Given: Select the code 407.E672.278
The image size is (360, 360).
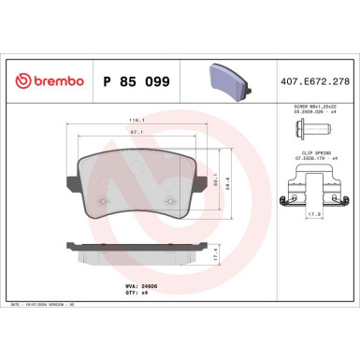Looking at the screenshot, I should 308,80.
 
